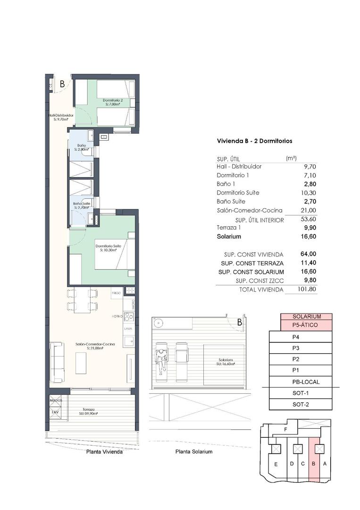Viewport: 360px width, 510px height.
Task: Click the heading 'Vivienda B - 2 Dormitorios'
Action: tap(254, 141)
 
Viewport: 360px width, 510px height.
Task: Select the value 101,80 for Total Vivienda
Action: tap(307, 289)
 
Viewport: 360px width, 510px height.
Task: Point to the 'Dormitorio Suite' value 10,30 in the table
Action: tap(307, 193)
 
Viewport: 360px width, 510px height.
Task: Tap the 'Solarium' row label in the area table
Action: tap(229, 237)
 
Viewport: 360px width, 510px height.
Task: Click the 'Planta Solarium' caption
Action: tap(193, 452)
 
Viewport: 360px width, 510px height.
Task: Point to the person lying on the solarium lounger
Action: tap(161, 359)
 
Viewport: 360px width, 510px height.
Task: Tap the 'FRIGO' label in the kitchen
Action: tap(116, 293)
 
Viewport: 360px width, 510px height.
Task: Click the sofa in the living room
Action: tap(57, 363)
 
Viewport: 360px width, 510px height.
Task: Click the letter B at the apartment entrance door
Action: tap(62, 85)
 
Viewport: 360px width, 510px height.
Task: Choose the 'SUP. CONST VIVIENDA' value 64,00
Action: tap(307, 255)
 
